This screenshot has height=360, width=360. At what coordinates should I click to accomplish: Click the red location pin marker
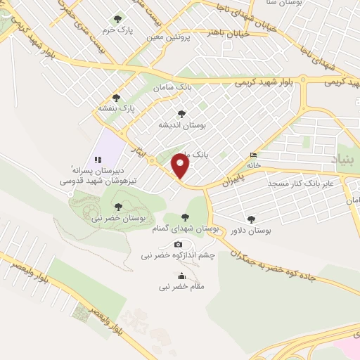click(181, 167)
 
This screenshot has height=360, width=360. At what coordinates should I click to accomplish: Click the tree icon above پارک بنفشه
click(116, 98)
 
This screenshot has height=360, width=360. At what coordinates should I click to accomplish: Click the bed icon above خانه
click(253, 155)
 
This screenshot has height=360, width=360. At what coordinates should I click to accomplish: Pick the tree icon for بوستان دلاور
click(251, 219)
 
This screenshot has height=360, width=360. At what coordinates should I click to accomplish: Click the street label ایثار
click(139, 150)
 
